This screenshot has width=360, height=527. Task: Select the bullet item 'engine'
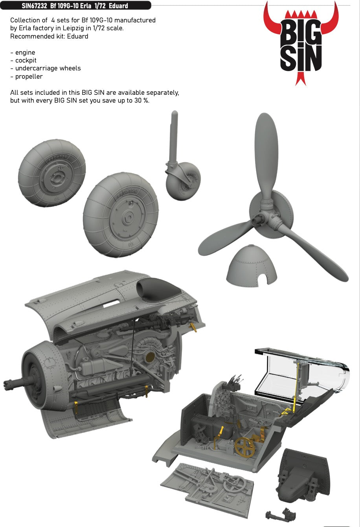[25, 52]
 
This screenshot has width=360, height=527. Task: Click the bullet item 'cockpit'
[26, 60]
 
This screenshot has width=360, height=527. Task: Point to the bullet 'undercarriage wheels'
[45, 68]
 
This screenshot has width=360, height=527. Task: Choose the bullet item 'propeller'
[29, 76]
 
